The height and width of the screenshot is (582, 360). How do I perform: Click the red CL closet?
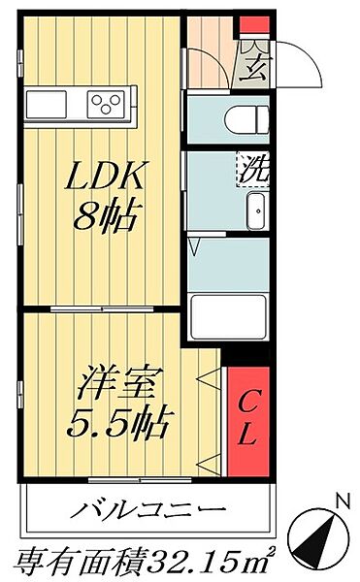point(246,420)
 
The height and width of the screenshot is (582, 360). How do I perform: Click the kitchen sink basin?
point(49,102)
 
